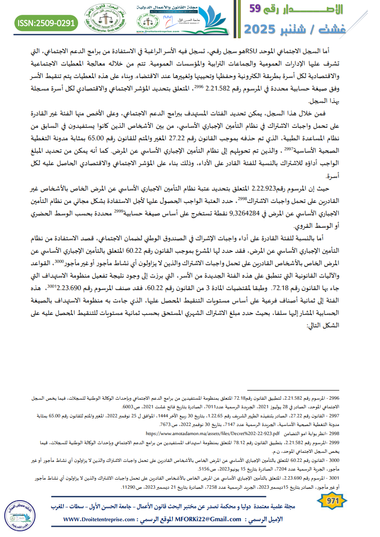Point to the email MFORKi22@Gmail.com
[207, 519]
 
